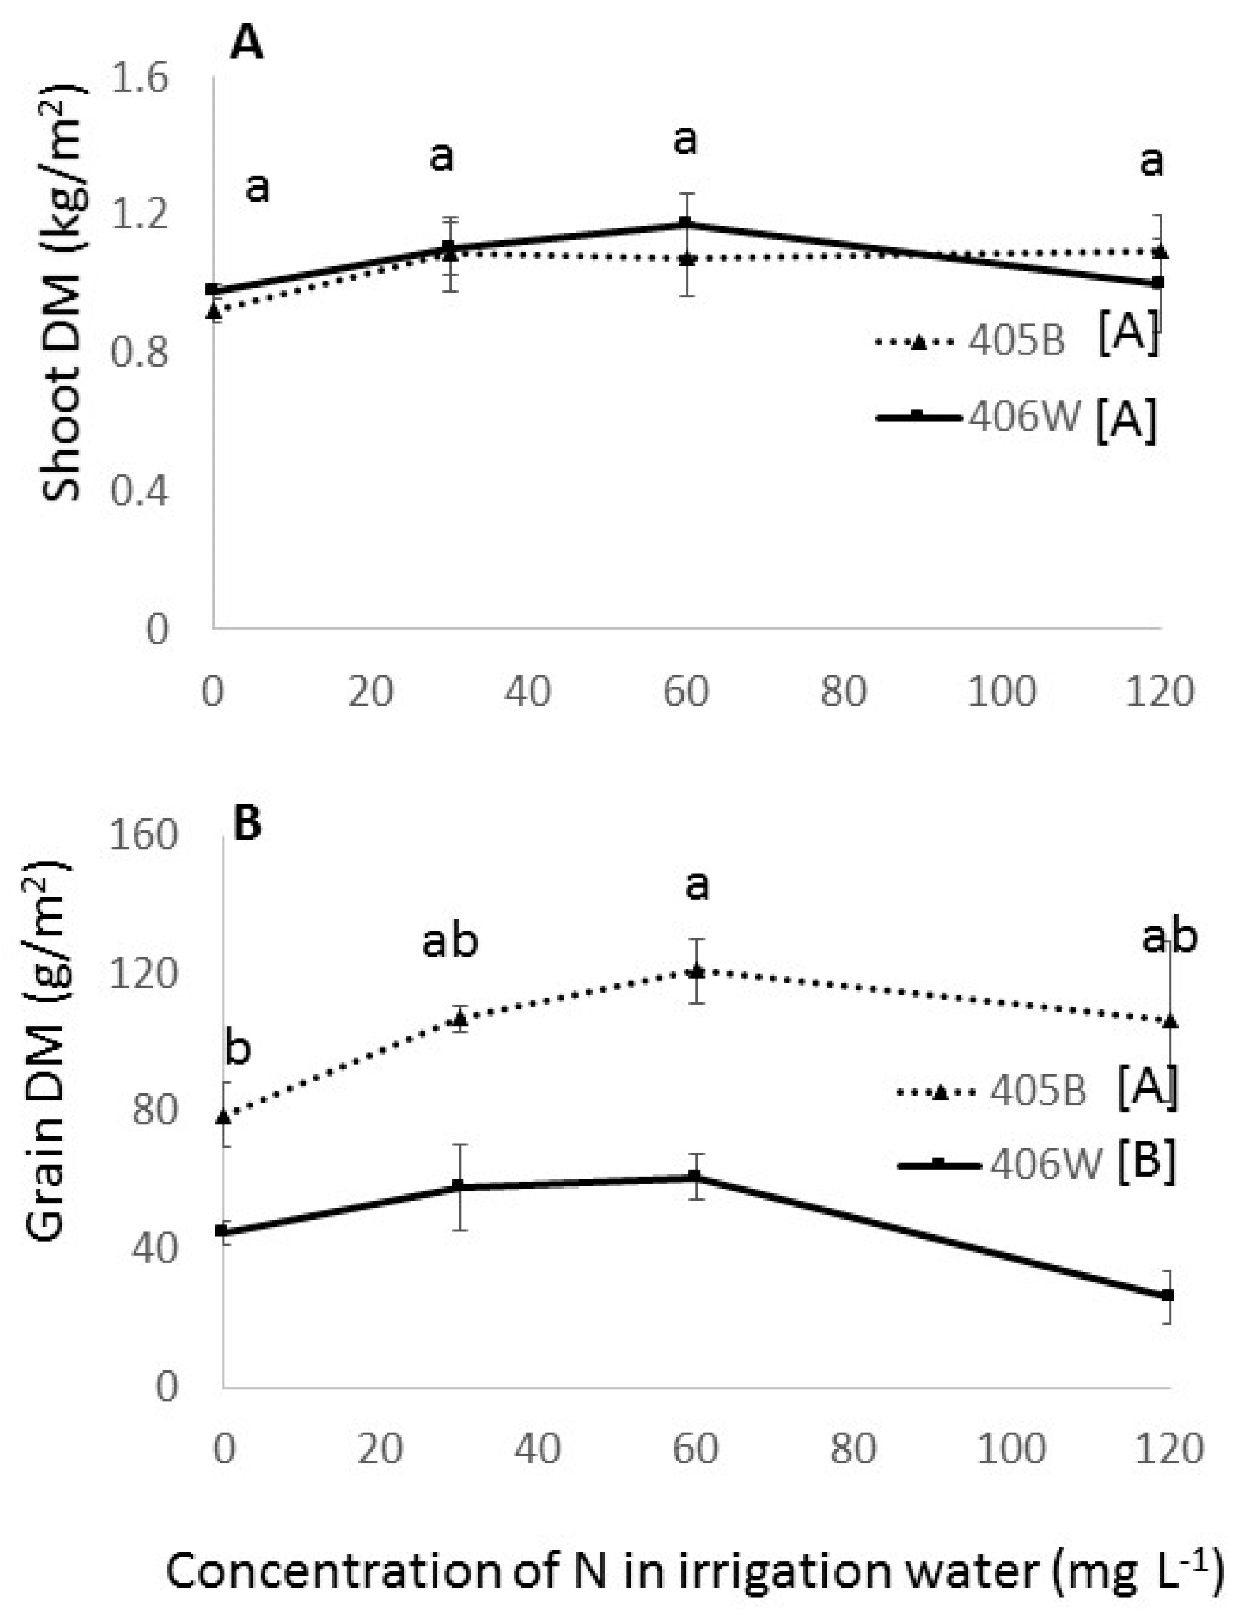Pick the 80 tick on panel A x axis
844,692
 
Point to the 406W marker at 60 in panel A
685,223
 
